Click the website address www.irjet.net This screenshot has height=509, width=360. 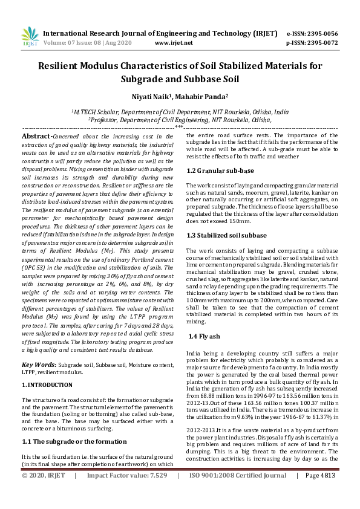174,43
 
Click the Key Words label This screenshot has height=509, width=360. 39,365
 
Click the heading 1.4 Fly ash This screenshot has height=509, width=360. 205,336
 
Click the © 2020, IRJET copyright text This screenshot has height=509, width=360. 44,493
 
